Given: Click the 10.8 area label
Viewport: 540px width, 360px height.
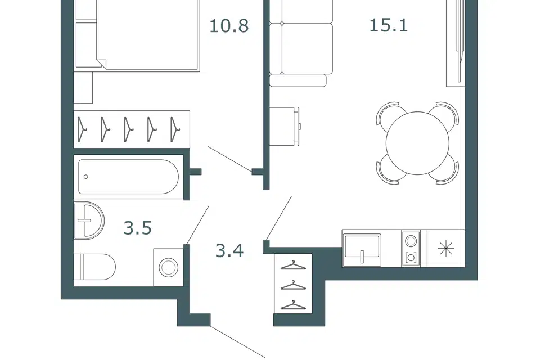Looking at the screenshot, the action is [229, 26].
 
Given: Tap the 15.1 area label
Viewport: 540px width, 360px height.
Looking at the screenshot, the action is [389, 25].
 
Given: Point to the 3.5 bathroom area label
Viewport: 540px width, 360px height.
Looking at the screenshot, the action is [138, 228].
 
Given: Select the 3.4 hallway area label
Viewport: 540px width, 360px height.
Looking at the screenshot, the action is [229, 250].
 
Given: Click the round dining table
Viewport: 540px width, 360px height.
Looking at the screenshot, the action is [417, 143].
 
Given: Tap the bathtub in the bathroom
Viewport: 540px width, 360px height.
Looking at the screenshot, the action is [128, 177].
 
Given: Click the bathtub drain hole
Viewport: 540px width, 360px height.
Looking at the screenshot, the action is [85, 177].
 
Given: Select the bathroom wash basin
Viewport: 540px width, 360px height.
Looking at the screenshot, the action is [89, 220].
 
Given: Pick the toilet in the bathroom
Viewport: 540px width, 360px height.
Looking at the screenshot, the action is [94, 267].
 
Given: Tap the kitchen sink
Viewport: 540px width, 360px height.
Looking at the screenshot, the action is [362, 248].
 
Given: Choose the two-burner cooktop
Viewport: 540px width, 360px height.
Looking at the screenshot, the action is [411, 248].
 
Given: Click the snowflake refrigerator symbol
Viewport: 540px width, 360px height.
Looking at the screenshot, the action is [446, 248].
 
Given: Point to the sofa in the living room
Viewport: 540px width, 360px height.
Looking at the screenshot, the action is [300, 43].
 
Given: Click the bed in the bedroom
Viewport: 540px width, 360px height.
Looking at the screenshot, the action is [148, 34].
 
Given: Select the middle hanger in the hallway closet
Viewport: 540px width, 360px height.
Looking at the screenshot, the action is [292, 285].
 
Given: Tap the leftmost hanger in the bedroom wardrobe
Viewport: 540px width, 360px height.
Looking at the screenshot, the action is [82, 129].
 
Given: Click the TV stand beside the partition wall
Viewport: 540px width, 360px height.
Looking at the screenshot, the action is [283, 127].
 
